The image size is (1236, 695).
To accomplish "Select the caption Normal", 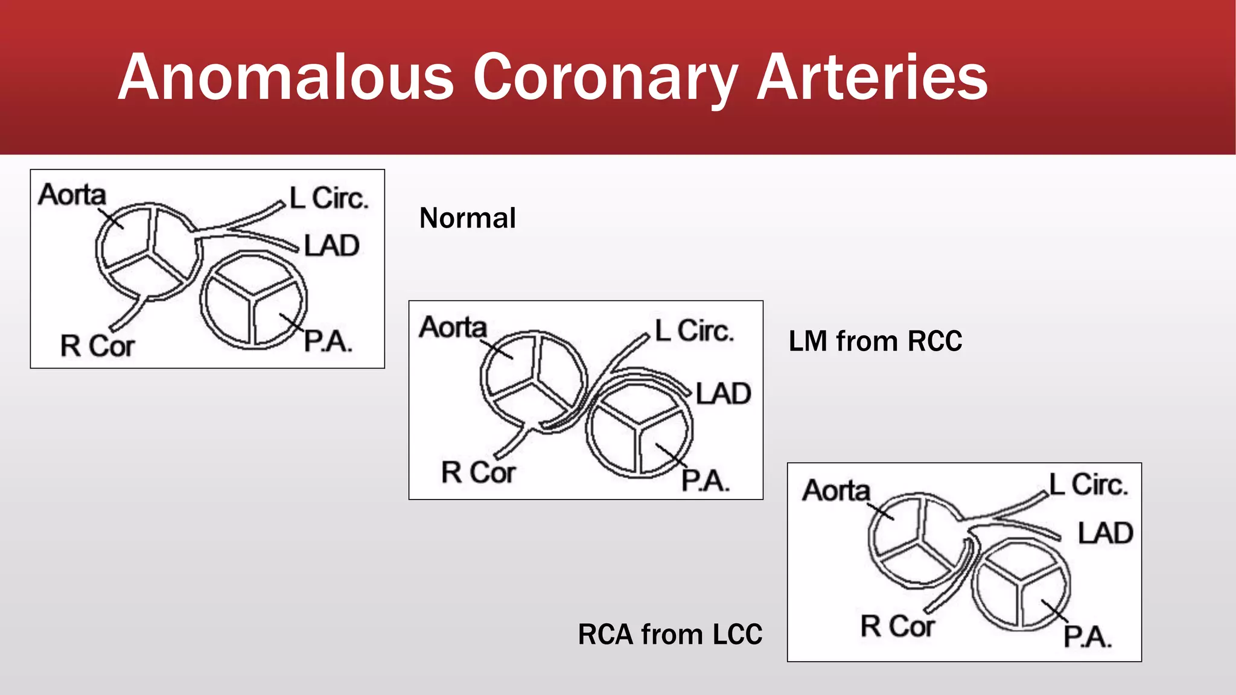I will click(467, 218).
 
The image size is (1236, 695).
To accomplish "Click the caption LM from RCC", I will click(875, 341).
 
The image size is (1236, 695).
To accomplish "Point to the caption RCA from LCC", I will click(670, 634).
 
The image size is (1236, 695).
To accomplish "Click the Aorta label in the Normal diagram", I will click(72, 194).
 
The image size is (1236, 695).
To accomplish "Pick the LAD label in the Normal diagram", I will click(331, 246).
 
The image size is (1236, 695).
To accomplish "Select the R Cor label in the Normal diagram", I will click(97, 346).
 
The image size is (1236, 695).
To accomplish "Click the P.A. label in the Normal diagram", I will click(328, 341).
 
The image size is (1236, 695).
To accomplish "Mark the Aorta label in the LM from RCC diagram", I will click(453, 327).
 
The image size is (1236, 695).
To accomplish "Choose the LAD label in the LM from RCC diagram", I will click(723, 393).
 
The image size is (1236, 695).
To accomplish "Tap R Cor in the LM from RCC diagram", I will click(478, 472).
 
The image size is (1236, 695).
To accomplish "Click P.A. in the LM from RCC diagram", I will click(706, 481).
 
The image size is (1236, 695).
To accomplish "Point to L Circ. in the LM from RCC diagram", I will click(694, 331).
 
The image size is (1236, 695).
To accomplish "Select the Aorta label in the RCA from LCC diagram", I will click(836, 490).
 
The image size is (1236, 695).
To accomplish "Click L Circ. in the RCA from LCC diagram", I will click(1088, 484).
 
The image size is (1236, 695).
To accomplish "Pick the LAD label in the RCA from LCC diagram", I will click(1105, 533).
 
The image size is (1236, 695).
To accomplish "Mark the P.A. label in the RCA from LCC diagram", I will click(1087, 636).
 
